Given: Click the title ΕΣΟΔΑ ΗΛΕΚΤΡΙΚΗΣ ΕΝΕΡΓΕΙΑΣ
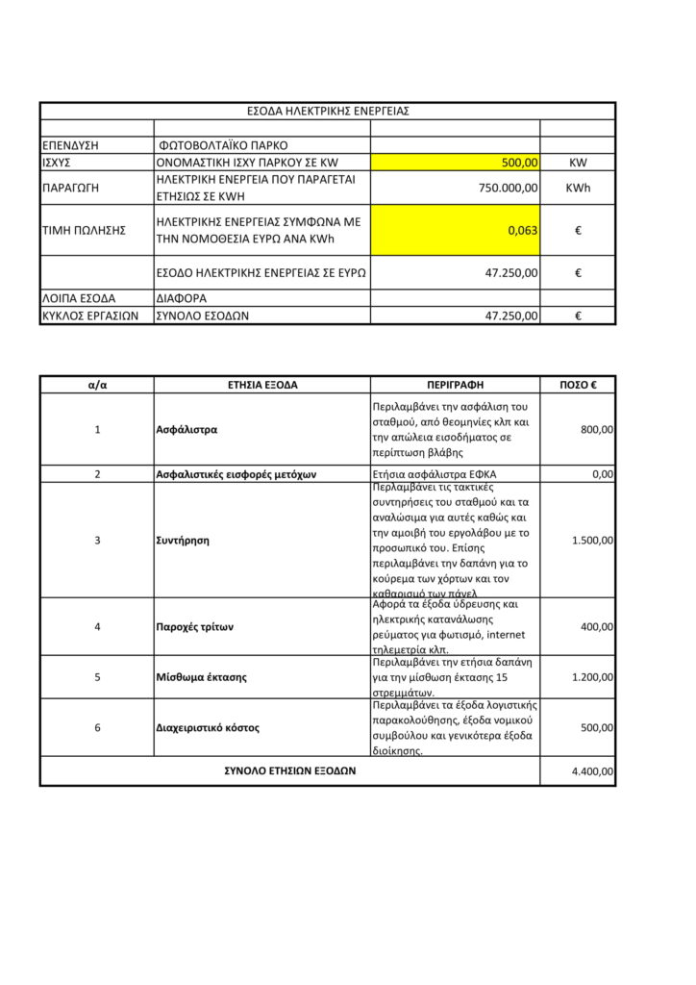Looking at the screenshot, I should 328,111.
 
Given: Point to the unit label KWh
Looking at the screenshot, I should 578,188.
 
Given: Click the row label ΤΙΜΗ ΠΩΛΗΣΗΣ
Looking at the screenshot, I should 85,230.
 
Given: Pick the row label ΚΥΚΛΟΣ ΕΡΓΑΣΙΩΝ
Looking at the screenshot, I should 91,315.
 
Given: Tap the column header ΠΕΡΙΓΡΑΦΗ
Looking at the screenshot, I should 455,385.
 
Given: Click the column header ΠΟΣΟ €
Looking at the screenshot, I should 578,385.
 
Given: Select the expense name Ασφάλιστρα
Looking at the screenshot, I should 186,429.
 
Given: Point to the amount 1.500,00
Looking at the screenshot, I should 592,540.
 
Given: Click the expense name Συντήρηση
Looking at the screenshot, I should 183,540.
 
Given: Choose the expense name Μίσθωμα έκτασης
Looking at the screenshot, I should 201,676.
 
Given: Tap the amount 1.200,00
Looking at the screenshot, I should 592,676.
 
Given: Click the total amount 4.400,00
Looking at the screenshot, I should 592,770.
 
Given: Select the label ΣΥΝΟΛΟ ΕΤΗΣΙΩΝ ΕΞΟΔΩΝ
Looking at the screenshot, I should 289,770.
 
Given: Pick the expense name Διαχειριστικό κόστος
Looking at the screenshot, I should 208,727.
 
